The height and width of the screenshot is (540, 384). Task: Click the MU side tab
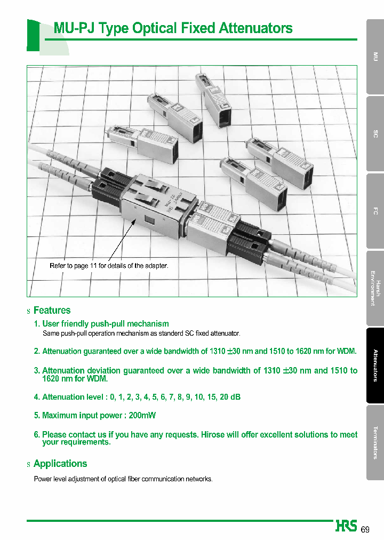(x=375, y=57)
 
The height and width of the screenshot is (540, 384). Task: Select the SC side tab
(x=375, y=134)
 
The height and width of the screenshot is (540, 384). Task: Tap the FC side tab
(x=375, y=211)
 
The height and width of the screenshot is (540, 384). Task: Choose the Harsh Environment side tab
(x=375, y=288)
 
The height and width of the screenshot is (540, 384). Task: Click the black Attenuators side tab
(x=375, y=366)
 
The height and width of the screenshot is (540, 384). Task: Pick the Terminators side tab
(x=375, y=442)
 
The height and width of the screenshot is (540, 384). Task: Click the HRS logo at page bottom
(x=347, y=526)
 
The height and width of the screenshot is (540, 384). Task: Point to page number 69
(x=365, y=529)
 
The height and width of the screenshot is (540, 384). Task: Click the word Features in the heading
(x=52, y=311)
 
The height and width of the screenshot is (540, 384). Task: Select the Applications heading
(x=60, y=464)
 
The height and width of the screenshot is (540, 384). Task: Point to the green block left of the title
(x=33, y=35)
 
